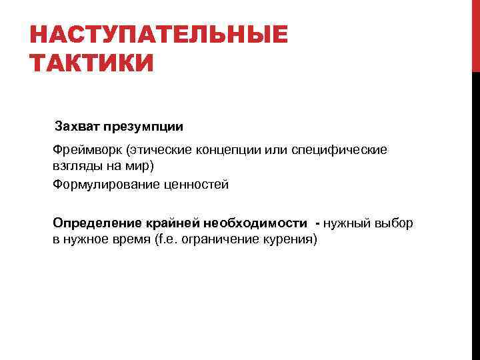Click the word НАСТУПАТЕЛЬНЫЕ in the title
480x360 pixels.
pos(159,35)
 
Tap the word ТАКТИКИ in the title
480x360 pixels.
pos(92,65)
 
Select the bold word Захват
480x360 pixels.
pos(77,126)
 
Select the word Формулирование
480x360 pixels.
pos(105,185)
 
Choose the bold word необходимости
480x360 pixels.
pos(257,223)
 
